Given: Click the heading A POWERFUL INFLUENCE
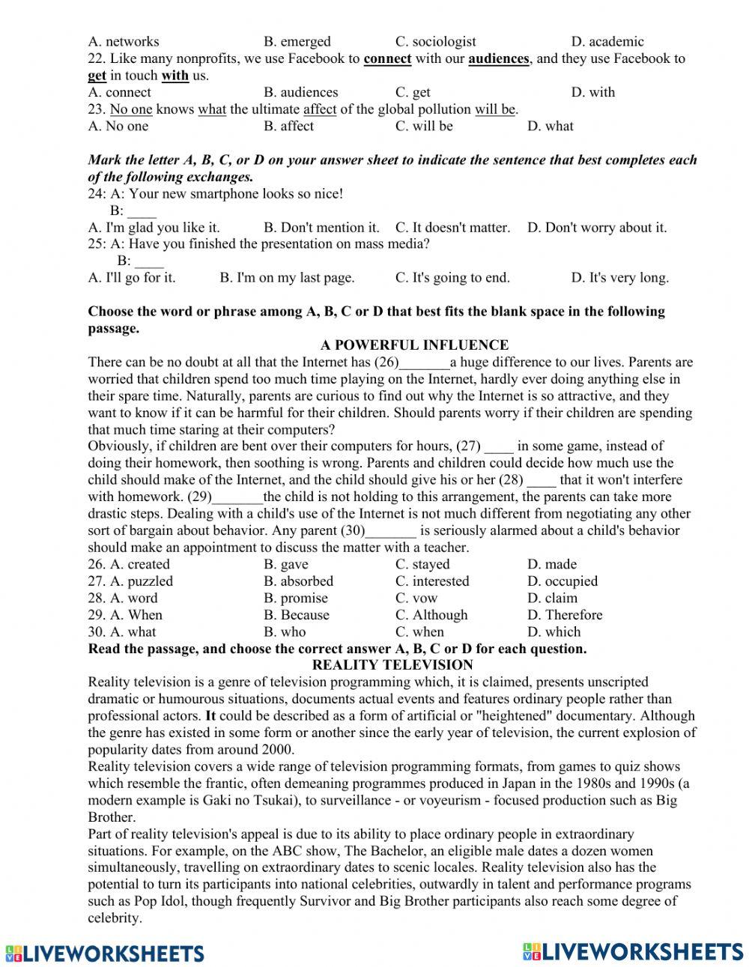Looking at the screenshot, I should coord(414,345).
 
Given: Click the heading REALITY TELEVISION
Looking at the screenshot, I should coord(392,665).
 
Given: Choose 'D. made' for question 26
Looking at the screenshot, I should coord(551,564).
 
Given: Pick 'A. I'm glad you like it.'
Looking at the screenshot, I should coord(154,227).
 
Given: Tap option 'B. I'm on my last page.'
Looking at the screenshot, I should coord(287,278).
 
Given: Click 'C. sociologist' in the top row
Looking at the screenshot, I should coord(435,42).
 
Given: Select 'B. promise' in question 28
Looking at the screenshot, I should coord(295,598).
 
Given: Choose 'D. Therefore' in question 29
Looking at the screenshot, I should coord(564,615).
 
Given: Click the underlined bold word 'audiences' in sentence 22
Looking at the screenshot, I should coord(499,58).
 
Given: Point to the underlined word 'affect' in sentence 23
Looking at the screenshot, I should coord(320,109).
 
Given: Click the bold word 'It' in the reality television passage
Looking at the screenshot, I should coord(210,716).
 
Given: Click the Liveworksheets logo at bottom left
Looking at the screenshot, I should coord(104,953).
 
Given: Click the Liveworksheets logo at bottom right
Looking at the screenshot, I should coord(633,951).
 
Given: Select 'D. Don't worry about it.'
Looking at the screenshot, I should coord(596,227).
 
